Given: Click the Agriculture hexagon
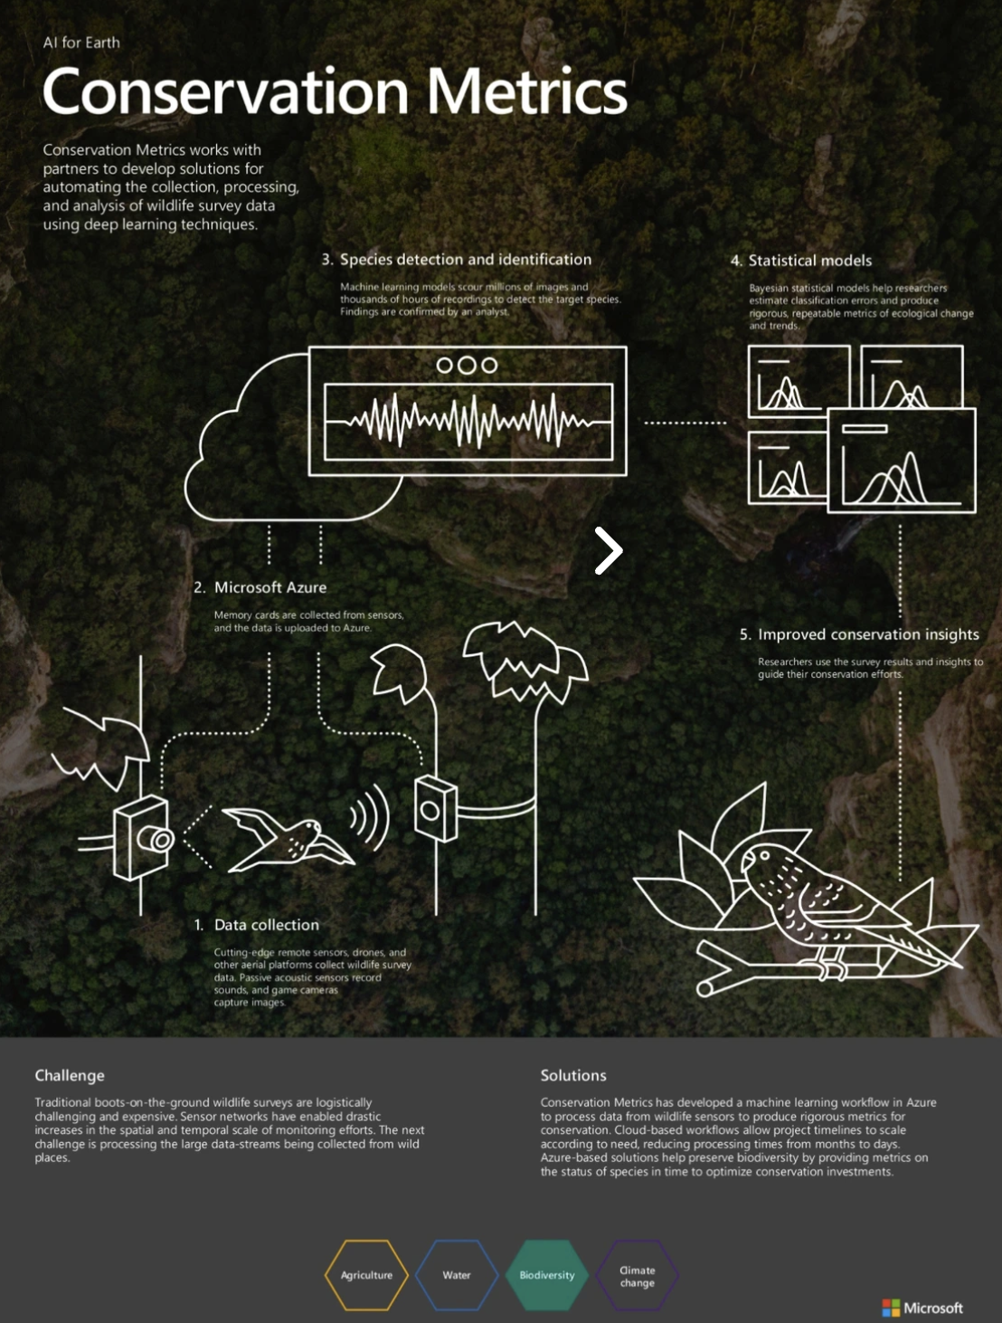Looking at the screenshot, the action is [366, 1275].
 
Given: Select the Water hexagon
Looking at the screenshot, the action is [457, 1275].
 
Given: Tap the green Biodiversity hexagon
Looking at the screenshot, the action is [547, 1275].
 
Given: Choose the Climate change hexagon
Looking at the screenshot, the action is [638, 1276].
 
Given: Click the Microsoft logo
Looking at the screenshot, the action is [922, 1308].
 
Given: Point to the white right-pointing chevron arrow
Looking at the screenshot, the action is [609, 550].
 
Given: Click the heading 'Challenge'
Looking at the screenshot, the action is [70, 1075].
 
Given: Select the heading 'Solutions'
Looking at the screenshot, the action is [573, 1075].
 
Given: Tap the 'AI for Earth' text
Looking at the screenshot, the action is [81, 43].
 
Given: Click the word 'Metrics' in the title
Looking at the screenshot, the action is [526, 92].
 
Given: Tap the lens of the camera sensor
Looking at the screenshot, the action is [161, 841].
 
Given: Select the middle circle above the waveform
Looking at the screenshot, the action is [467, 365].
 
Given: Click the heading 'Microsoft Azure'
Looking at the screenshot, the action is [269, 587].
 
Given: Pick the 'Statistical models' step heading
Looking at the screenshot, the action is [809, 261].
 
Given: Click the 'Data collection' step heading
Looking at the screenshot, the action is [266, 925].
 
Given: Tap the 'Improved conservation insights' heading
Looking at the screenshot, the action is [867, 634].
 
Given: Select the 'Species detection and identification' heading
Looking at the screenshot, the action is [465, 260].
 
